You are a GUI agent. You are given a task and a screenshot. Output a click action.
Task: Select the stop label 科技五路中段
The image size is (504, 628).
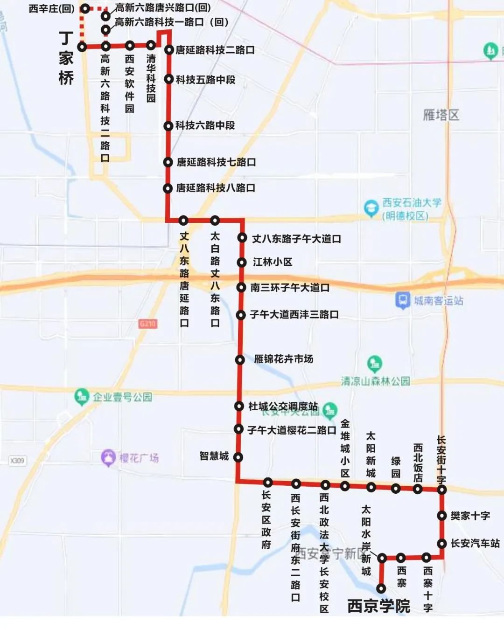pos(205,80)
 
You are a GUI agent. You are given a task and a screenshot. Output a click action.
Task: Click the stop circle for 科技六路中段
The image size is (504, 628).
pos(168,125)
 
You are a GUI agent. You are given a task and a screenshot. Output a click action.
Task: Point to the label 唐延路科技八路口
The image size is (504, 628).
pos(216,188)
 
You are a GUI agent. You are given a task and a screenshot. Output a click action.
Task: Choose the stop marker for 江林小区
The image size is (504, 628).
pos(241,262)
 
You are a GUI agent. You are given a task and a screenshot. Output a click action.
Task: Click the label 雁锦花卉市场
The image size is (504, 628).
pos(283,359)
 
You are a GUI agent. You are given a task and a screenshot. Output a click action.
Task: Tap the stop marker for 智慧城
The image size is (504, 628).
pos(238,457)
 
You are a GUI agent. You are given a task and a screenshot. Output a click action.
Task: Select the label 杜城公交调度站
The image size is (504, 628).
pos(283,406)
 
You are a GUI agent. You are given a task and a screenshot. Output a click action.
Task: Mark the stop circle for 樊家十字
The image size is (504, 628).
pos(442,516)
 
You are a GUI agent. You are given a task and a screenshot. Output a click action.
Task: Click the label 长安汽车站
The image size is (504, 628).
pos(475,544)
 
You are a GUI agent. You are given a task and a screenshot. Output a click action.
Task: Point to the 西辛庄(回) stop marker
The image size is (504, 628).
pos(85,8)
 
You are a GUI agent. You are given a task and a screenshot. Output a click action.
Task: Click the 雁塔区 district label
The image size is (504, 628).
pos(441,115)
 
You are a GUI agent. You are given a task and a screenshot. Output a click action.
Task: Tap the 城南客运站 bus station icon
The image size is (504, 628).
pos(402,300)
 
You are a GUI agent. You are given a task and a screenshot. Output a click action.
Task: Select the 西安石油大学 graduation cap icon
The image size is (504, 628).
pos(371,208)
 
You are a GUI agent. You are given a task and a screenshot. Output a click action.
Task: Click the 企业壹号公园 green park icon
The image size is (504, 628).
pos(82,397)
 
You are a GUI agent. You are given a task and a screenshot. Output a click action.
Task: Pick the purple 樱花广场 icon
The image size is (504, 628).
pos(108,458)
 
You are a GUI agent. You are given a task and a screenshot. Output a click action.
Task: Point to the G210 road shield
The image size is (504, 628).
pos(147,323)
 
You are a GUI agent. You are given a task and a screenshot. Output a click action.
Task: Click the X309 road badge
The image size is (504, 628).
pos(17,461)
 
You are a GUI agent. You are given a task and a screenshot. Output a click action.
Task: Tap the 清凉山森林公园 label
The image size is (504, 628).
pos(375,381)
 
